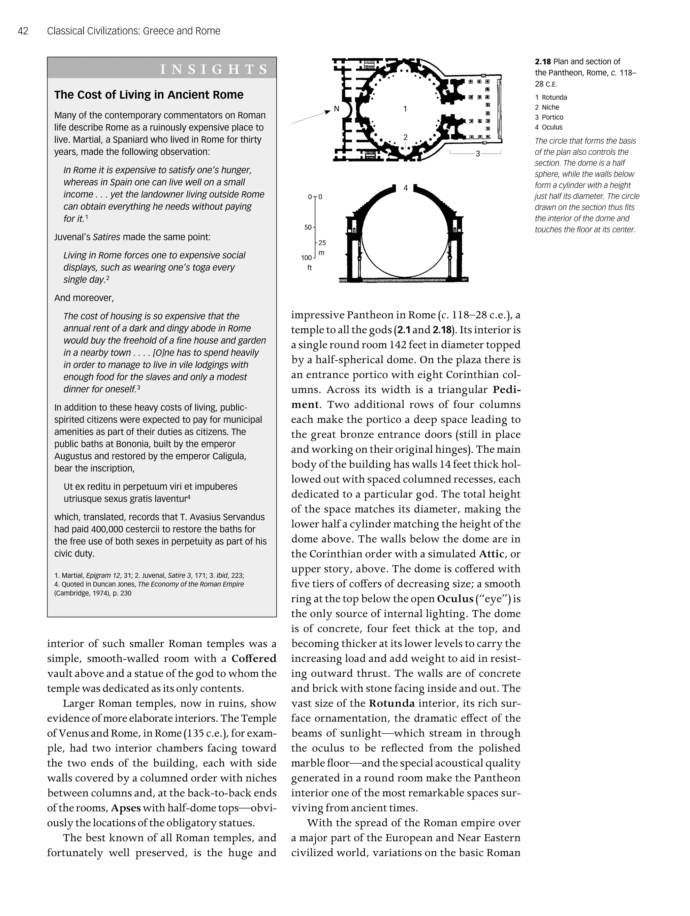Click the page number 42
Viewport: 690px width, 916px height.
point(23,31)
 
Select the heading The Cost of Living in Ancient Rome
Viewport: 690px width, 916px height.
point(149,95)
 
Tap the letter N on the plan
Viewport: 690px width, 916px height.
point(337,109)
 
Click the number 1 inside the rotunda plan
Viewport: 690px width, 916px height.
point(405,109)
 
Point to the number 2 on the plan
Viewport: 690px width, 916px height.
point(405,137)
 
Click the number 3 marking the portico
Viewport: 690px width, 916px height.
point(478,154)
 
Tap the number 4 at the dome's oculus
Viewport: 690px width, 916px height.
point(406,188)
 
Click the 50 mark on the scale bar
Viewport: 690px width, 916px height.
point(308,227)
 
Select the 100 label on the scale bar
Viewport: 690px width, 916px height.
point(306,257)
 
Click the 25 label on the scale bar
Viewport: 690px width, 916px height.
point(322,243)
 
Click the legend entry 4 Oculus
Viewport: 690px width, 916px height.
point(548,127)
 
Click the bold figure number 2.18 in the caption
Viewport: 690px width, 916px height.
point(543,62)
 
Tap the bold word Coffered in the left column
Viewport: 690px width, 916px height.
point(254,659)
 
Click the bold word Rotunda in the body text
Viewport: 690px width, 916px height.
point(391,703)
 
